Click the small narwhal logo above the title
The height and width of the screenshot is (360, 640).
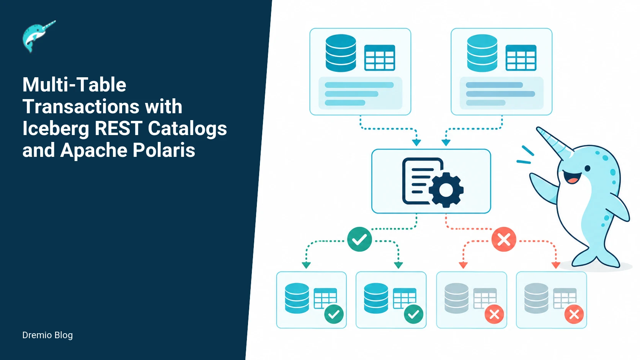pyautogui.click(x=39, y=36)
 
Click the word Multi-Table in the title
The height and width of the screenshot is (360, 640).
pyautogui.click(x=74, y=85)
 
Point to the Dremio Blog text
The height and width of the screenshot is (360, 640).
pyautogui.click(x=47, y=335)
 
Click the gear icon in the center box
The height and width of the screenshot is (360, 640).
pyautogui.click(x=446, y=189)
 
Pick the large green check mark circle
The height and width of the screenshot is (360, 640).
pyautogui.click(x=359, y=239)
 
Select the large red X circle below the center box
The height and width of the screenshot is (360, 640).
pyautogui.click(x=504, y=239)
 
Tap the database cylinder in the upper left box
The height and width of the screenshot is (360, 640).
pyautogui.click(x=341, y=53)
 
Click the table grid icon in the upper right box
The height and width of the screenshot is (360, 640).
pyautogui.click(x=521, y=58)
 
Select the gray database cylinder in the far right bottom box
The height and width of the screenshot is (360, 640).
pyautogui.click(x=536, y=298)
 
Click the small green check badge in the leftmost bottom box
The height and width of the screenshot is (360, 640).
pyautogui.click(x=334, y=314)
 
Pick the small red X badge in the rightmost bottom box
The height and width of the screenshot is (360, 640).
pyautogui.click(x=574, y=314)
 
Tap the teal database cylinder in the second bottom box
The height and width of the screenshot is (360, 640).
pyautogui.click(x=376, y=298)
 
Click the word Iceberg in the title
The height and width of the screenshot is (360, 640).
pyautogui.click(x=56, y=129)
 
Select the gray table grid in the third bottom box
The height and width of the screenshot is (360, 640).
pyautogui.click(x=485, y=298)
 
